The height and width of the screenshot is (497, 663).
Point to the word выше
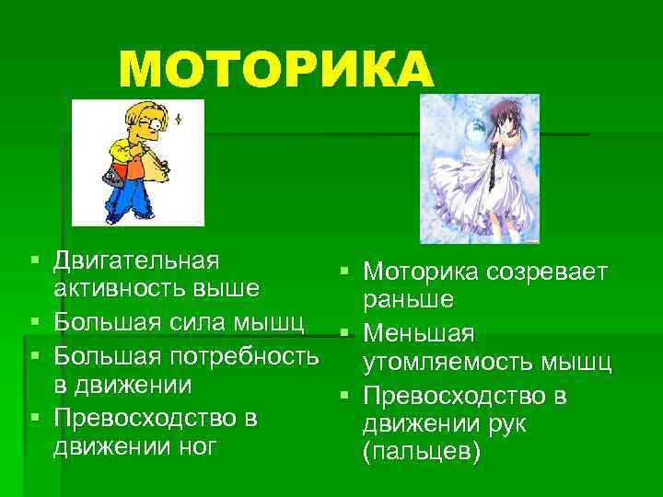point(226,289)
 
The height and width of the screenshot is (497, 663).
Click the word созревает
point(547,272)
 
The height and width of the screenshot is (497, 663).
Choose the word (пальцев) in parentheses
point(423,456)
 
